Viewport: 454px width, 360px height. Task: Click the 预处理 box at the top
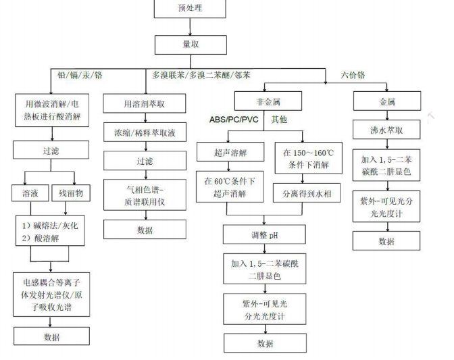pyautogui.click(x=188, y=9)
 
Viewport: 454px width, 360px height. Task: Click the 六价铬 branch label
pyautogui.click(x=353, y=75)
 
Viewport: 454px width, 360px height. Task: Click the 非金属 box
pyautogui.click(x=263, y=102)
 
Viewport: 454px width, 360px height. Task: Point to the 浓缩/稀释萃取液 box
pyautogui.click(x=144, y=132)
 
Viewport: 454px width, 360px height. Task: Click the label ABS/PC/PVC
pyautogui.click(x=232, y=121)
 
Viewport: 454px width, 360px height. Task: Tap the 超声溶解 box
pyautogui.click(x=228, y=153)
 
